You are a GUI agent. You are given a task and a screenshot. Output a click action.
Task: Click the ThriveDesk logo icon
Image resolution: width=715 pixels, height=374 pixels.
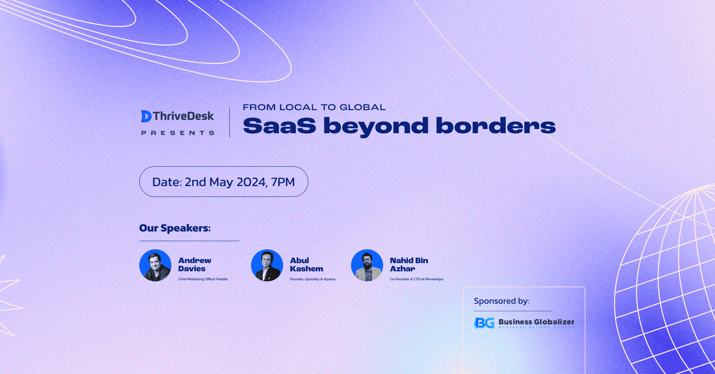point(146,116)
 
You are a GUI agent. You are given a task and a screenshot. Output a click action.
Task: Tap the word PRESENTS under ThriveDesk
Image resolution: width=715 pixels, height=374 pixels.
point(178,133)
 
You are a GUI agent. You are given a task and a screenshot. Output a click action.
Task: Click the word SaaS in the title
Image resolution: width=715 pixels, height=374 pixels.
point(279,126)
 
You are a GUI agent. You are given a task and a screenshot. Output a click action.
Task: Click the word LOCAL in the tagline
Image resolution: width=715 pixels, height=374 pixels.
point(298,107)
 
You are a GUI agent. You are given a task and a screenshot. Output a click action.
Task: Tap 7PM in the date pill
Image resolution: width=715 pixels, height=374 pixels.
point(283,182)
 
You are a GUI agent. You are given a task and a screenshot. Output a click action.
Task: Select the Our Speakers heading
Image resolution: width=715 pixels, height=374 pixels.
point(175,228)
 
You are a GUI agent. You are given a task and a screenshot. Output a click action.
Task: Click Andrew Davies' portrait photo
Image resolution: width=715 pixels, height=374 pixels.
point(155,265)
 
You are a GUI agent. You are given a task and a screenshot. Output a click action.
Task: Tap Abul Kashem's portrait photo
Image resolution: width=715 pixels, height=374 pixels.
point(267,265)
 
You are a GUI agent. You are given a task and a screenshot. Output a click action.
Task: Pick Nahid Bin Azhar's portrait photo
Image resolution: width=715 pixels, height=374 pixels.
point(367,265)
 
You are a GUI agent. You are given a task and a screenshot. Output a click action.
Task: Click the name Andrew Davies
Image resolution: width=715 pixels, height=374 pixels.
point(194,265)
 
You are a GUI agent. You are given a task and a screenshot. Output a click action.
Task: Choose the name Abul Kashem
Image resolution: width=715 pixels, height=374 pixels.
point(306,265)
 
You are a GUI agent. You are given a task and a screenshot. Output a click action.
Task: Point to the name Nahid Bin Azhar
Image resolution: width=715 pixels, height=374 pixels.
point(409,265)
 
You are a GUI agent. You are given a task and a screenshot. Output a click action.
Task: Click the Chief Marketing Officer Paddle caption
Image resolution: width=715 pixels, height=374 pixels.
point(203,279)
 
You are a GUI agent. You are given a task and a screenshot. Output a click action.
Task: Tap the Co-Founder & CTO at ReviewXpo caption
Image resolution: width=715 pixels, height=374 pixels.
point(416,279)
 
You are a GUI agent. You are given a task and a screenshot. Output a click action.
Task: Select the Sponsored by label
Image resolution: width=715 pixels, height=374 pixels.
point(501,301)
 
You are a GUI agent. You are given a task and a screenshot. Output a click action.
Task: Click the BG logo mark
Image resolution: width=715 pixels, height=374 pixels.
point(484,323)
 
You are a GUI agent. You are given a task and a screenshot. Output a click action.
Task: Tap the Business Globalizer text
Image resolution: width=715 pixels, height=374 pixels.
point(536,322)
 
